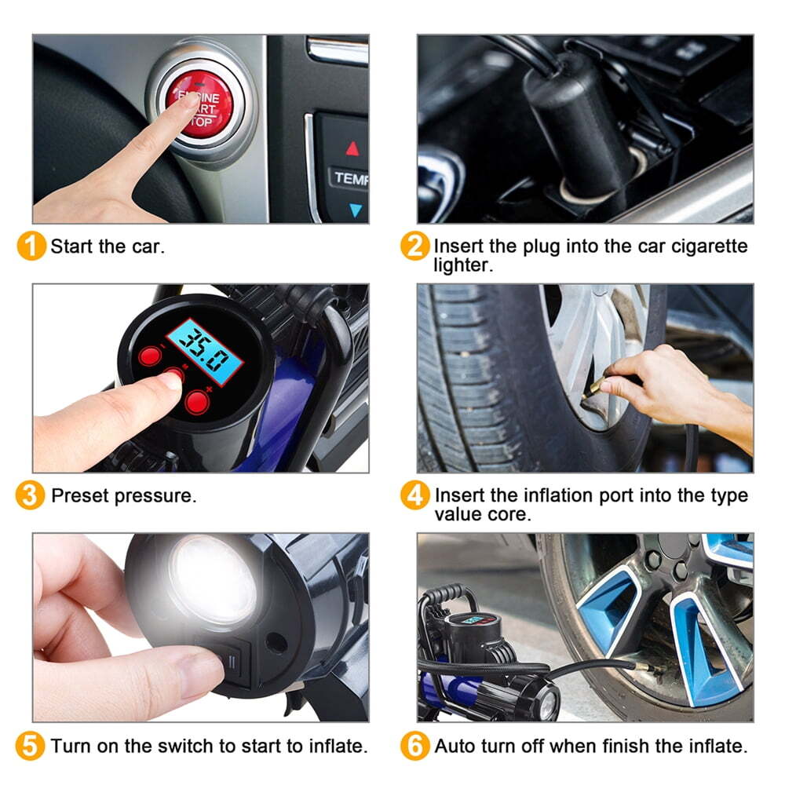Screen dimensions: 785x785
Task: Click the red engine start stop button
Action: click(199, 104)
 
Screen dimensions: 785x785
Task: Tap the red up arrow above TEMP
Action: click(352, 148)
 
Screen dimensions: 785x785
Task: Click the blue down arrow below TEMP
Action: click(355, 210)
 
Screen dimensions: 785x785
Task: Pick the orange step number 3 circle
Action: click(30, 495)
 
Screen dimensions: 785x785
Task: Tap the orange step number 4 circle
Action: click(414, 495)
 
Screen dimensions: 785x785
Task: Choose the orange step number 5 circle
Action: click(30, 746)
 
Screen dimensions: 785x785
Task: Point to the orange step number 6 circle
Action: click(414, 746)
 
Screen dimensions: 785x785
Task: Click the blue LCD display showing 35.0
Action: click(204, 352)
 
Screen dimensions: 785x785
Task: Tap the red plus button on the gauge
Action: click(197, 401)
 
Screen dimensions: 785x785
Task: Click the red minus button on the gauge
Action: click(150, 356)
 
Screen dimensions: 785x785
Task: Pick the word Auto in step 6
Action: click(455, 746)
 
